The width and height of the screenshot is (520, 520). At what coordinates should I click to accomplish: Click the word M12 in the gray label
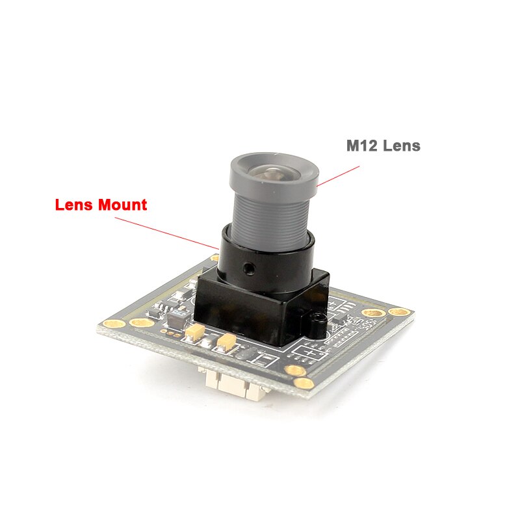(x=360, y=146)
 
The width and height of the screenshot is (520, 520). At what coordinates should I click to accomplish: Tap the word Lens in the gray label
(x=401, y=146)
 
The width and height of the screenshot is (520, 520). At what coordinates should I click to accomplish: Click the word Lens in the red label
(x=73, y=205)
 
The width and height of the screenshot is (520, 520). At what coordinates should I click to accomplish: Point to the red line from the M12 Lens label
(x=339, y=174)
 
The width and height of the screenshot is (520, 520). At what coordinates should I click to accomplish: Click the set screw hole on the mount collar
(x=248, y=266)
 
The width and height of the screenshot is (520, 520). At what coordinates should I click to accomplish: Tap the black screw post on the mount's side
(x=316, y=322)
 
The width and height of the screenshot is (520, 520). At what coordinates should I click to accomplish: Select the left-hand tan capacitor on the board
(x=194, y=333)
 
